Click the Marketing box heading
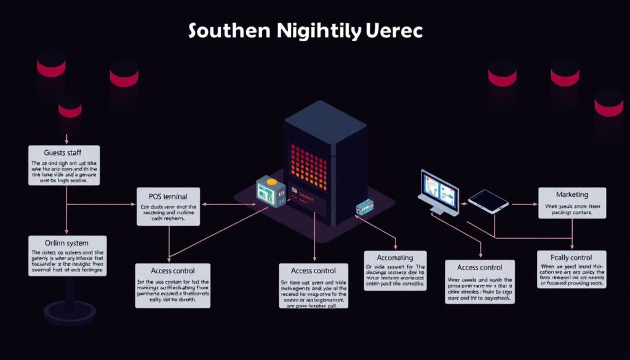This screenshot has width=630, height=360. [572, 194]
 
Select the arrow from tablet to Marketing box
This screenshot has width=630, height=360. [524, 204]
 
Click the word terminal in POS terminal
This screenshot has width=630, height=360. [178, 196]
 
